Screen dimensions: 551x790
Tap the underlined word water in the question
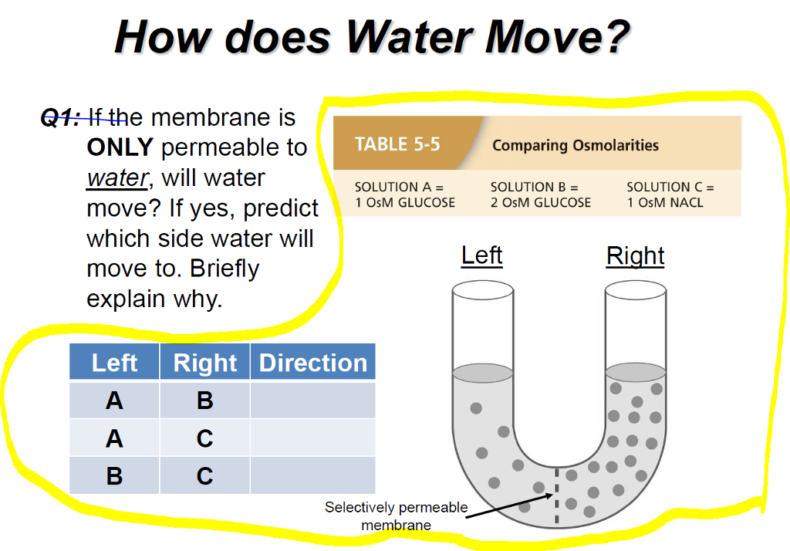coord(117,177)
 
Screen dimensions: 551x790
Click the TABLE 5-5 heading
coord(397,144)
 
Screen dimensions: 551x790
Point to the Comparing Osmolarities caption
coord(576,145)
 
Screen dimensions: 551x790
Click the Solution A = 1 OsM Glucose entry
coord(404,194)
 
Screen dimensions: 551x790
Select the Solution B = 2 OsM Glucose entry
coord(540,194)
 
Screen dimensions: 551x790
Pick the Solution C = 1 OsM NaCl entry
coord(670,194)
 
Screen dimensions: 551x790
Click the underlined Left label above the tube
coord(481,255)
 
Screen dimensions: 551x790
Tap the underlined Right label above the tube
coord(635,255)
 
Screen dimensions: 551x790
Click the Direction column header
coord(312,362)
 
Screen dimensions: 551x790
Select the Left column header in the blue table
coord(114,362)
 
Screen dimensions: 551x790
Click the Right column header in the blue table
coord(204,362)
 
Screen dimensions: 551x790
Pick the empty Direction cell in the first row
coord(312,400)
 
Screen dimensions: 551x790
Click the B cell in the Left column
coord(114,475)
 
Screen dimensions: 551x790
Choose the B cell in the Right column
coord(204,400)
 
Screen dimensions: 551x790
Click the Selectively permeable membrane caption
coord(396,516)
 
